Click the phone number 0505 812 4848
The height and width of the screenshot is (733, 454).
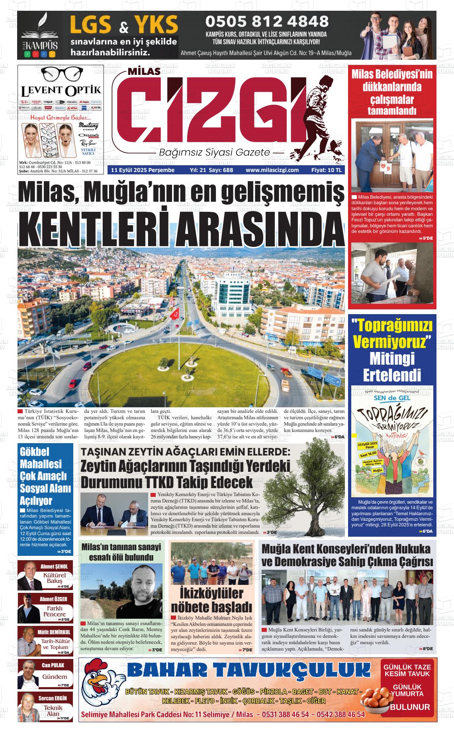pyautogui.click(x=266, y=22)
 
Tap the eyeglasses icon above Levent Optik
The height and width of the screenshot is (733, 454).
pyautogui.click(x=61, y=74)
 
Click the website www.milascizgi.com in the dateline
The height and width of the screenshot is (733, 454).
pyautogui.click(x=272, y=170)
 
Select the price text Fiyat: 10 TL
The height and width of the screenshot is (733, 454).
pyautogui.click(x=327, y=170)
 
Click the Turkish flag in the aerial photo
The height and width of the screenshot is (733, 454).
pyautogui.click(x=174, y=314)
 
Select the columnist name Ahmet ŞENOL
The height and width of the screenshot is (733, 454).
pyautogui.click(x=54, y=566)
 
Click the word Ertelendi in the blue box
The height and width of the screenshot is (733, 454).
pyautogui.click(x=392, y=375)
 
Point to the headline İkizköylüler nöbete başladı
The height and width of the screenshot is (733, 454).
pyautogui.click(x=211, y=600)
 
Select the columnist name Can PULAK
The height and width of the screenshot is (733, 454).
pyautogui.click(x=53, y=665)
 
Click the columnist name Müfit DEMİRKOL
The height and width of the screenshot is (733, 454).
pyautogui.click(x=54, y=632)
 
